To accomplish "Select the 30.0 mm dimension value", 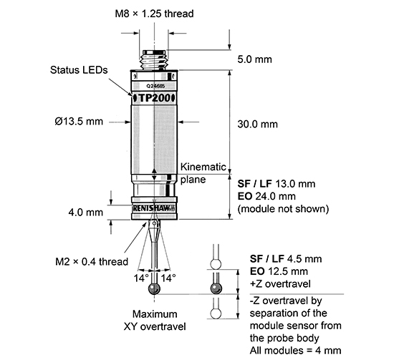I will coord(257,124).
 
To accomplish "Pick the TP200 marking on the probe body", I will coord(155,97).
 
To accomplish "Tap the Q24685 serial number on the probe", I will coord(155,84).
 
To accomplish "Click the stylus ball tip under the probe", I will coord(154,288).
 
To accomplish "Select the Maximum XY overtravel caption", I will coord(155,320).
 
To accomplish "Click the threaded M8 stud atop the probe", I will coord(154,58).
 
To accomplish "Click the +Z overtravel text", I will coord(270,283).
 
